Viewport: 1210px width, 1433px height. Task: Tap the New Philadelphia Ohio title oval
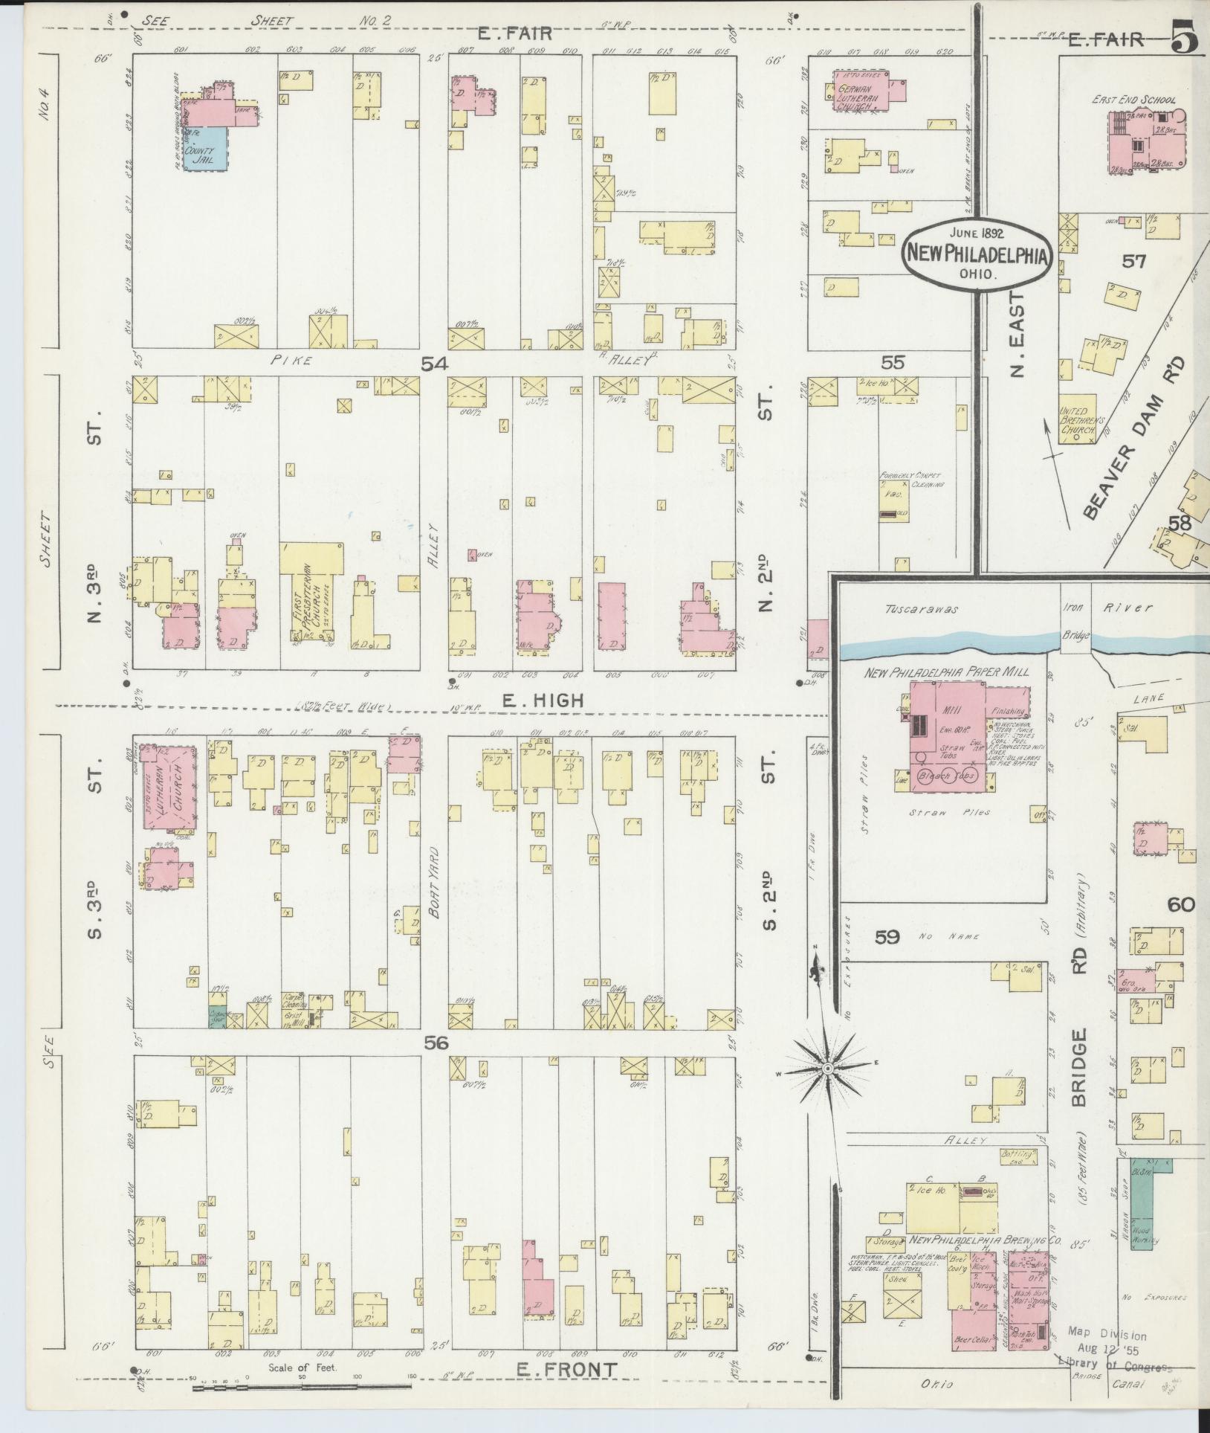[976, 254]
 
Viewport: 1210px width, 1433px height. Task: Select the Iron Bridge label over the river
[1075, 622]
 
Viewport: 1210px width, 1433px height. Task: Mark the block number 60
[1180, 905]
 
